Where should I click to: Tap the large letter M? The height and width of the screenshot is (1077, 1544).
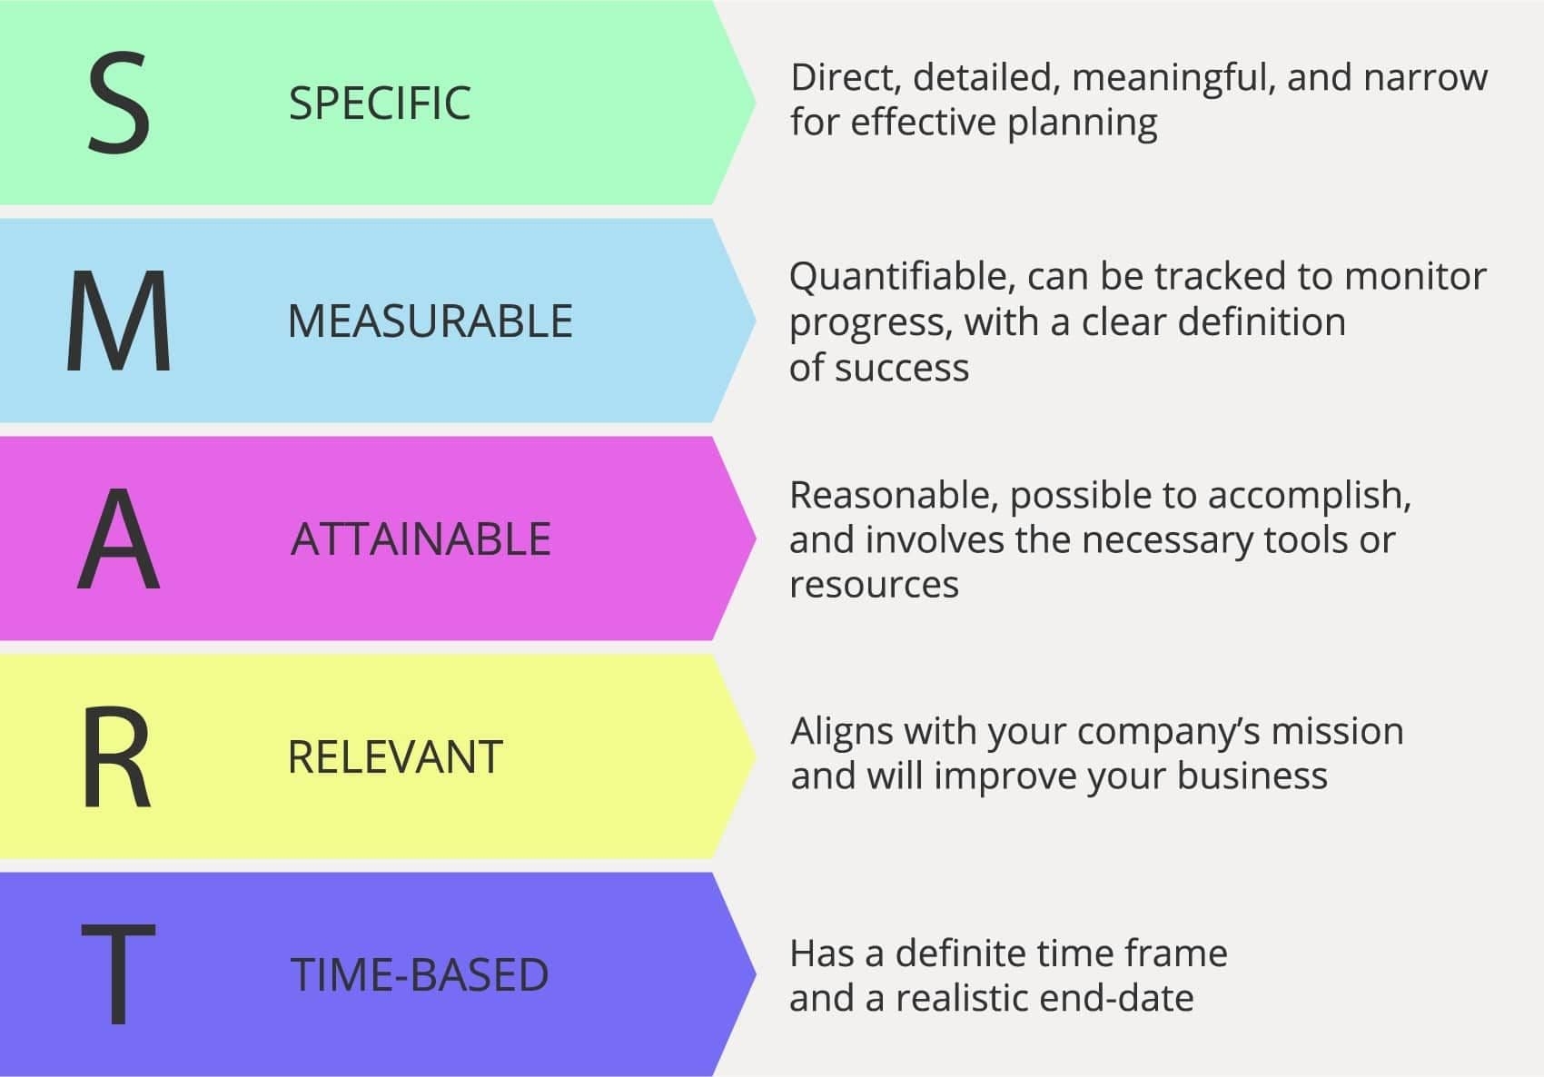(x=119, y=321)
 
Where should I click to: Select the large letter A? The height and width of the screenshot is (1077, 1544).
(x=119, y=538)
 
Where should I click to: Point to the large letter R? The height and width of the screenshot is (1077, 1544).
(x=116, y=756)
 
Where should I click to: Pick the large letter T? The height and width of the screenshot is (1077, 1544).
(x=119, y=973)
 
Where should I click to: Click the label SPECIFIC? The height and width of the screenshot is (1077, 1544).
(x=380, y=104)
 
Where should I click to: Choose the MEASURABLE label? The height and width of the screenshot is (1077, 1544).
(x=431, y=321)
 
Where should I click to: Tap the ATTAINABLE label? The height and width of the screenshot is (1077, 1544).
(x=421, y=538)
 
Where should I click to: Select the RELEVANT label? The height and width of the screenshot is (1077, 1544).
(x=396, y=756)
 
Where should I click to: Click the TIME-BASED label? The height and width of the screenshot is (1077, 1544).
(x=420, y=974)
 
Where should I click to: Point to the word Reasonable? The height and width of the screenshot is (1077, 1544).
(x=894, y=496)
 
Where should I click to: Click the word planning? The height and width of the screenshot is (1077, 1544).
(x=1083, y=124)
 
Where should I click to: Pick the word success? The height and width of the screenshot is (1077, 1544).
(x=902, y=369)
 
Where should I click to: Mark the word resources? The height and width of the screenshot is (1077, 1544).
(x=874, y=586)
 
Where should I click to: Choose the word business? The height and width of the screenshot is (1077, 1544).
(x=1252, y=776)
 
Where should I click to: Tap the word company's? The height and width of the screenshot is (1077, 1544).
(x=1169, y=733)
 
